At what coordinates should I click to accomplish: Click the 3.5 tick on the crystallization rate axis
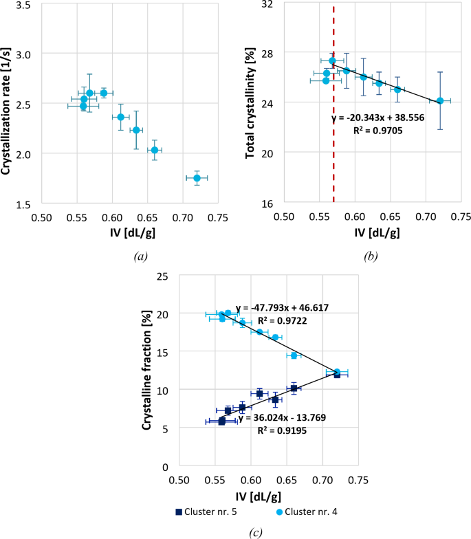[24, 4]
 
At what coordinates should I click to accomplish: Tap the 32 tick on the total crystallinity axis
[267, 4]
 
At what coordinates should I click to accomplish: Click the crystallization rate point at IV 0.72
[197, 178]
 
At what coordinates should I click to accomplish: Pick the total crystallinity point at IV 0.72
[440, 101]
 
